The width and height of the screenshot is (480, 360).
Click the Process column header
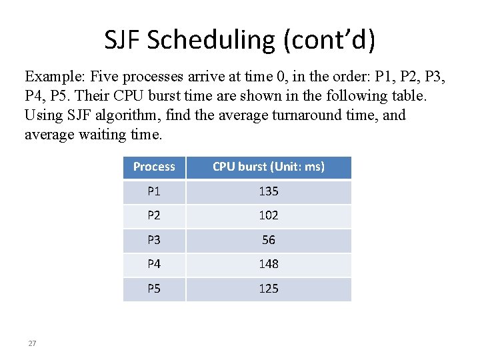154,167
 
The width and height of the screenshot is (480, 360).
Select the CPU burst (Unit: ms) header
269,167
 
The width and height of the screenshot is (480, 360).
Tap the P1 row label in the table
154,191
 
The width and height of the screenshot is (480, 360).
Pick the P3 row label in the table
154,240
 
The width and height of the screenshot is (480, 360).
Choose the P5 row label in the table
154,289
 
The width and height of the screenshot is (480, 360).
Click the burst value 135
269,191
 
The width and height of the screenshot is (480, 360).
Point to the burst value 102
269,215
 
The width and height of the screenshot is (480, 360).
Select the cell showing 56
269,240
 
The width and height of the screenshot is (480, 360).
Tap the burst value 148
269,264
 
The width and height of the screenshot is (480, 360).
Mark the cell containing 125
269,289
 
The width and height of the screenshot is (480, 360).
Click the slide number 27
32,343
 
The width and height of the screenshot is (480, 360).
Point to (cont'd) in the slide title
329,41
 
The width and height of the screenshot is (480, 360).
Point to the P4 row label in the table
154,264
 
